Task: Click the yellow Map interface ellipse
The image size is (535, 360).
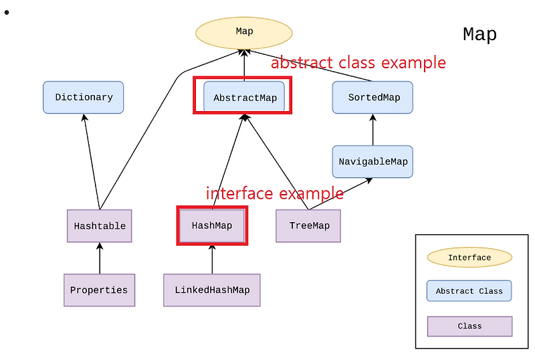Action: click(244, 31)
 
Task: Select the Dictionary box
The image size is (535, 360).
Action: click(84, 97)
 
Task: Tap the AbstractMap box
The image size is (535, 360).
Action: click(244, 98)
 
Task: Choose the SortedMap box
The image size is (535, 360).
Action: click(373, 98)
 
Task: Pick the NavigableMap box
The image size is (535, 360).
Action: click(372, 162)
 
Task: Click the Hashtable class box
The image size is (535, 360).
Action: click(100, 226)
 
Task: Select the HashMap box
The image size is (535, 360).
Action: click(212, 226)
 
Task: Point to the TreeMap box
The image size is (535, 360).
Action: click(309, 226)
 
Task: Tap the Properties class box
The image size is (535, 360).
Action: click(99, 290)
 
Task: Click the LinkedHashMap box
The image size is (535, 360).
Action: click(212, 290)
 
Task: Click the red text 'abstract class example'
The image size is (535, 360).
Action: click(358, 63)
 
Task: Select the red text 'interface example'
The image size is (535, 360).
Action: click(274, 193)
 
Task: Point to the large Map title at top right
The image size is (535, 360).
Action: click(479, 34)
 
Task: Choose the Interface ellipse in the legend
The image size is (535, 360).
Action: click(469, 258)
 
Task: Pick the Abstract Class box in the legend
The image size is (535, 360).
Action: click(469, 291)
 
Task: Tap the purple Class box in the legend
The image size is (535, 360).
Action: click(469, 326)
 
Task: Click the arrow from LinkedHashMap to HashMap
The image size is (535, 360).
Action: click(212, 260)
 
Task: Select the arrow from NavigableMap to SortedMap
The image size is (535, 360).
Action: click(372, 130)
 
